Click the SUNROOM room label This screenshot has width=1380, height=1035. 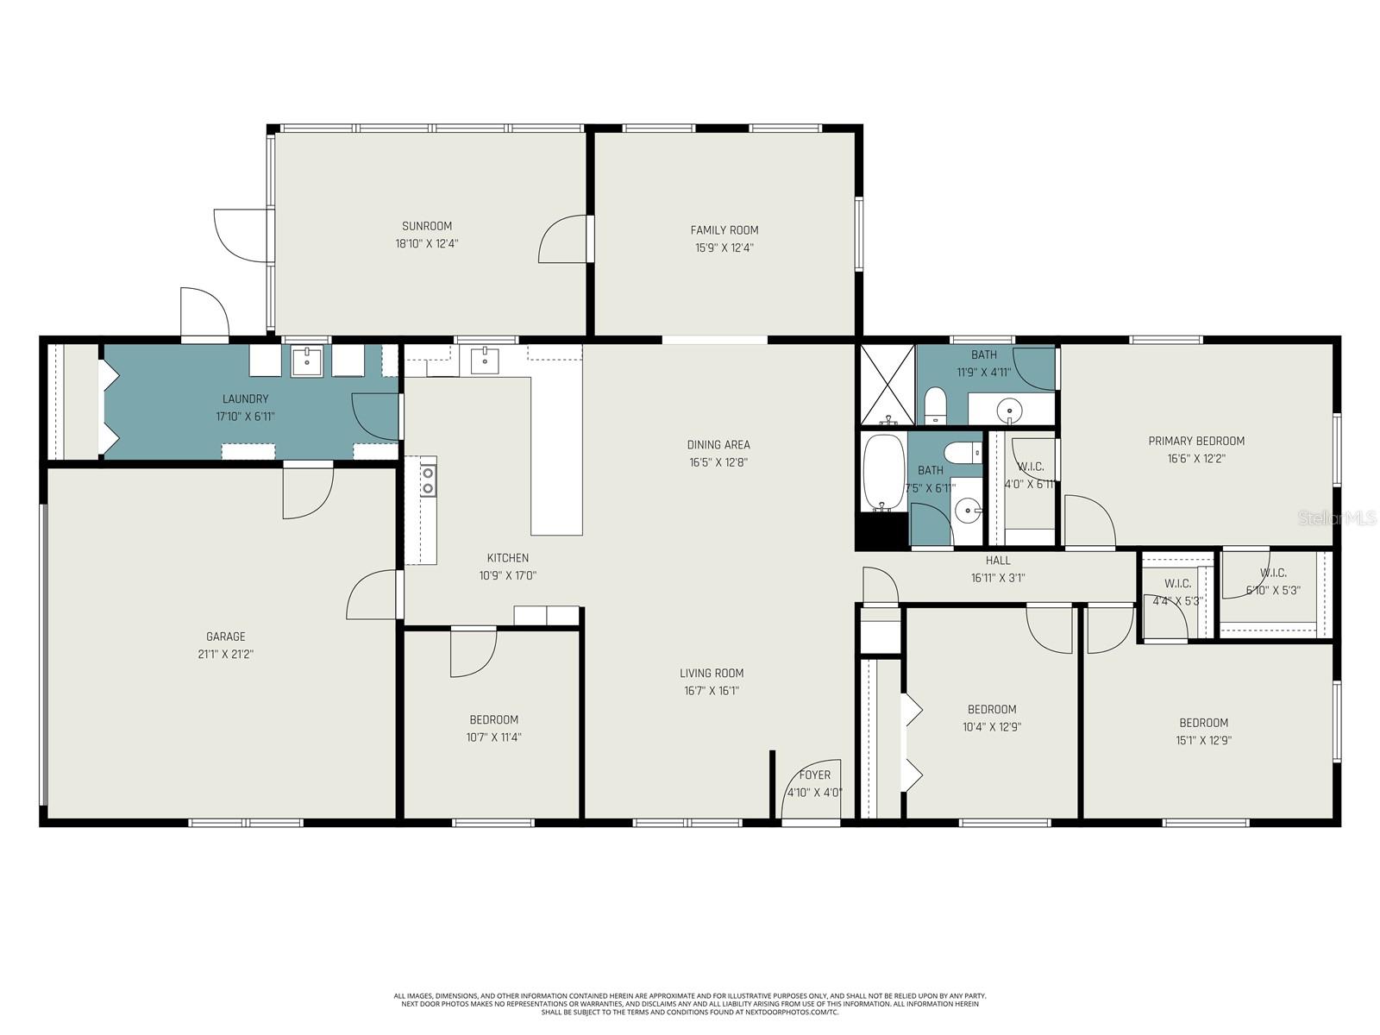pyautogui.click(x=426, y=226)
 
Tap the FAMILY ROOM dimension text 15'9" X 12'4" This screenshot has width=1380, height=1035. pyautogui.click(x=724, y=248)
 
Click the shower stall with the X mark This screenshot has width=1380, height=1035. pyautogui.click(x=887, y=385)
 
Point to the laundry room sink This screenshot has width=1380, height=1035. pyautogui.click(x=306, y=361)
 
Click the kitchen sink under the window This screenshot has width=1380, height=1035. pyautogui.click(x=485, y=360)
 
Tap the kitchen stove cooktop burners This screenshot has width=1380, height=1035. pyautogui.click(x=428, y=480)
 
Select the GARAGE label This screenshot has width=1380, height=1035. pyautogui.click(x=225, y=637)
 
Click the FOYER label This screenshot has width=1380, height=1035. pyautogui.click(x=814, y=775)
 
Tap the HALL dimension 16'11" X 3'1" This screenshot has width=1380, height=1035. pyautogui.click(x=997, y=578)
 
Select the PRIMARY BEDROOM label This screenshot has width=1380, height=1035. pyautogui.click(x=1195, y=441)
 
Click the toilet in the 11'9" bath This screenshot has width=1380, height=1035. pyautogui.click(x=935, y=405)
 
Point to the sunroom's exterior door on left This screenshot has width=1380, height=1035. pyautogui.click(x=242, y=235)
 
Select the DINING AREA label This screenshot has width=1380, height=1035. pyautogui.click(x=718, y=444)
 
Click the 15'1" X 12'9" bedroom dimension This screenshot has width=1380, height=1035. pyautogui.click(x=1203, y=740)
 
